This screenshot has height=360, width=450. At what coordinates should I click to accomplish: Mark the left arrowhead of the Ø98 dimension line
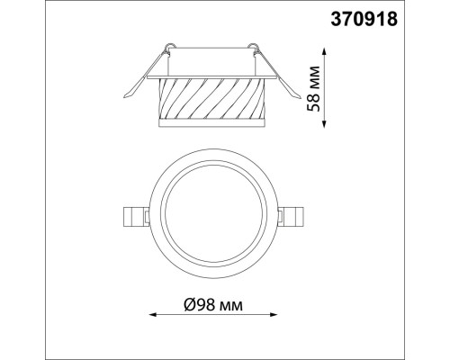pyautogui.click(x=151, y=314)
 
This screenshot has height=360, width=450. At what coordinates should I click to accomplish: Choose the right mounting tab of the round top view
pyautogui.click(x=295, y=217)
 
